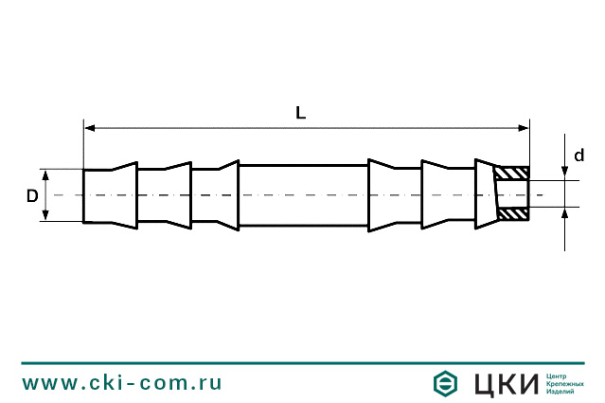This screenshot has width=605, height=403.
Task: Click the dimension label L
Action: (x=300, y=113)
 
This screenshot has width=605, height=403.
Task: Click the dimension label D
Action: (x=31, y=195)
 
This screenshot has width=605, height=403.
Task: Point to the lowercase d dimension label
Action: (x=578, y=156)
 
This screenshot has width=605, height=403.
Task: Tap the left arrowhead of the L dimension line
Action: (x=90, y=126)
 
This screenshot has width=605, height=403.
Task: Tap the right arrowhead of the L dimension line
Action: (x=523, y=126)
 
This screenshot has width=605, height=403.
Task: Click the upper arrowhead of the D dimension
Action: (x=44, y=174)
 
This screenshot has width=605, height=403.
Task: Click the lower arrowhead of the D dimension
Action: (x=44, y=216)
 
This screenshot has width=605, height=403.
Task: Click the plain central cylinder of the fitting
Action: (x=303, y=195)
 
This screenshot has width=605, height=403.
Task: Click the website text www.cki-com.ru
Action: (x=122, y=382)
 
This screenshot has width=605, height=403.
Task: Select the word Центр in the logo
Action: (x=558, y=376)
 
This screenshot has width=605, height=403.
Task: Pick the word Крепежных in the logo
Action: (x=565, y=384)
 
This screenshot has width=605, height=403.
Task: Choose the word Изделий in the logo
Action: (x=561, y=392)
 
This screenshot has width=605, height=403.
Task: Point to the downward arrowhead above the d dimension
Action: (x=565, y=174)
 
